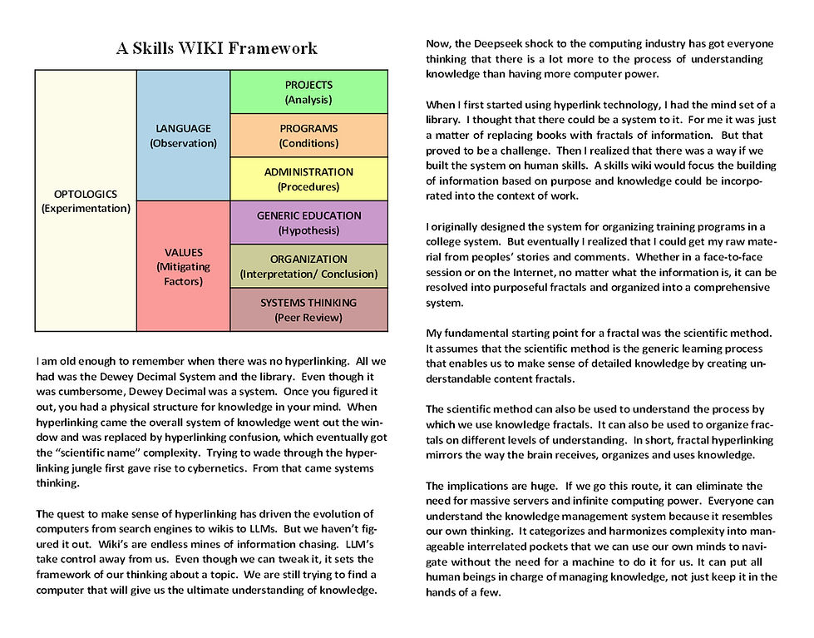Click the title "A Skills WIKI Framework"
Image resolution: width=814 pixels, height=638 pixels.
216,47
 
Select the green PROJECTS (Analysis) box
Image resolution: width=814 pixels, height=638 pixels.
308,92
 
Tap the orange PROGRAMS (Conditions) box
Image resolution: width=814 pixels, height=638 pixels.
308,136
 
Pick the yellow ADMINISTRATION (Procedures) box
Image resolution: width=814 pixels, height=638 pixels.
308,179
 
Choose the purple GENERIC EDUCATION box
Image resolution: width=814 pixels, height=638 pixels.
308,222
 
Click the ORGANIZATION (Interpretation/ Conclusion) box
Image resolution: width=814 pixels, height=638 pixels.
308,266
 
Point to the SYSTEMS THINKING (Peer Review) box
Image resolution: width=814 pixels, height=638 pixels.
308,309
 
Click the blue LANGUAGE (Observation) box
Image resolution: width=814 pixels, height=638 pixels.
183,136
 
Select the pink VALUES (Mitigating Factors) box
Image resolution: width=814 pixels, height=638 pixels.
183,266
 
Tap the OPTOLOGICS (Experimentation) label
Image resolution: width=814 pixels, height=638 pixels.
86,201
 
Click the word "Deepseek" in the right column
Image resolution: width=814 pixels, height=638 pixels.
507,43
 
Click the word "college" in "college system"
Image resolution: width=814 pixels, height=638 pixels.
443,242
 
